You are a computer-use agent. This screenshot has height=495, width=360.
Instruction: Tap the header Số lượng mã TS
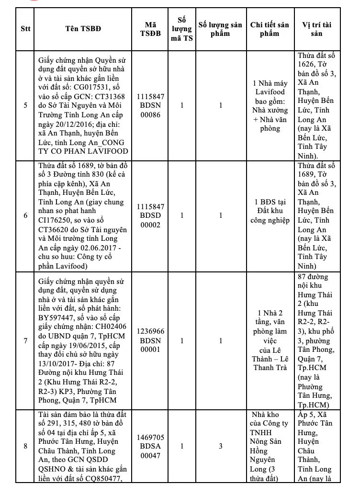pos(182,28)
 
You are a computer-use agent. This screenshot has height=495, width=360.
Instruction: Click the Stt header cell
pos(25,28)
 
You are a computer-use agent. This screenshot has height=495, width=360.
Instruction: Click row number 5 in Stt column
pos(25,105)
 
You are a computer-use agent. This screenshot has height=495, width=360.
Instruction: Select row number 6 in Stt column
pos(25,215)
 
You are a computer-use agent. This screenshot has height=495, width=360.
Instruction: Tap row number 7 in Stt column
pos(25,340)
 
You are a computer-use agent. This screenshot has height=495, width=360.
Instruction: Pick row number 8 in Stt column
pos(25,446)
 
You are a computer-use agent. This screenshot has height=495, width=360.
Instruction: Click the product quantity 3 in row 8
pos(221,446)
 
